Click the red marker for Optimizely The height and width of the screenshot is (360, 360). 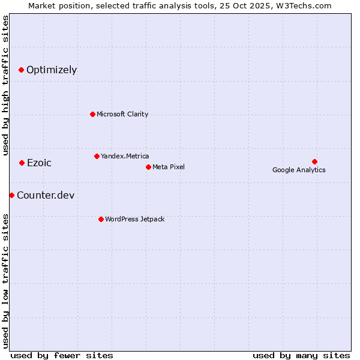pos(21,70)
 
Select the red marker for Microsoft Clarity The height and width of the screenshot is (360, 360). pos(92,114)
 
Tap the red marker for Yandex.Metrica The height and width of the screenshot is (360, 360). pos(97,156)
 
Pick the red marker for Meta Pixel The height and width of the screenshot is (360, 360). pos(148,167)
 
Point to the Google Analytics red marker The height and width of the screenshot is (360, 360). pos(314,161)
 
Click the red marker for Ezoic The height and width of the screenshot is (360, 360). pos(22,163)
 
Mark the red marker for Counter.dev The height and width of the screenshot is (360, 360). pos(11,195)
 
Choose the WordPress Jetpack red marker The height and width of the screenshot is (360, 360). pos(101,219)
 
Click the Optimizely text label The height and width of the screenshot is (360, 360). pos(52,70)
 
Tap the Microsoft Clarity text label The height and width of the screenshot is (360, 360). pos(122,114)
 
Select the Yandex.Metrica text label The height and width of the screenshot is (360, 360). pos(125,156)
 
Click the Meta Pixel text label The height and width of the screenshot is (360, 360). pos(169,167)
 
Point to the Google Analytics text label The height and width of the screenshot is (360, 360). pos(299,170)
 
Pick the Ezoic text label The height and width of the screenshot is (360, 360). pos(39,163)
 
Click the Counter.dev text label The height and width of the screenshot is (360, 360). pos(46,195)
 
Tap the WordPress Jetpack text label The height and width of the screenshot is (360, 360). pos(134,219)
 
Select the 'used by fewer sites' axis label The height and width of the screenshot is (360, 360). pos(62,355)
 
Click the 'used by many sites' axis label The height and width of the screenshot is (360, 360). pos(301,355)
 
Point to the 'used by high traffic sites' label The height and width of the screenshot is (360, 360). pos(6,85)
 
